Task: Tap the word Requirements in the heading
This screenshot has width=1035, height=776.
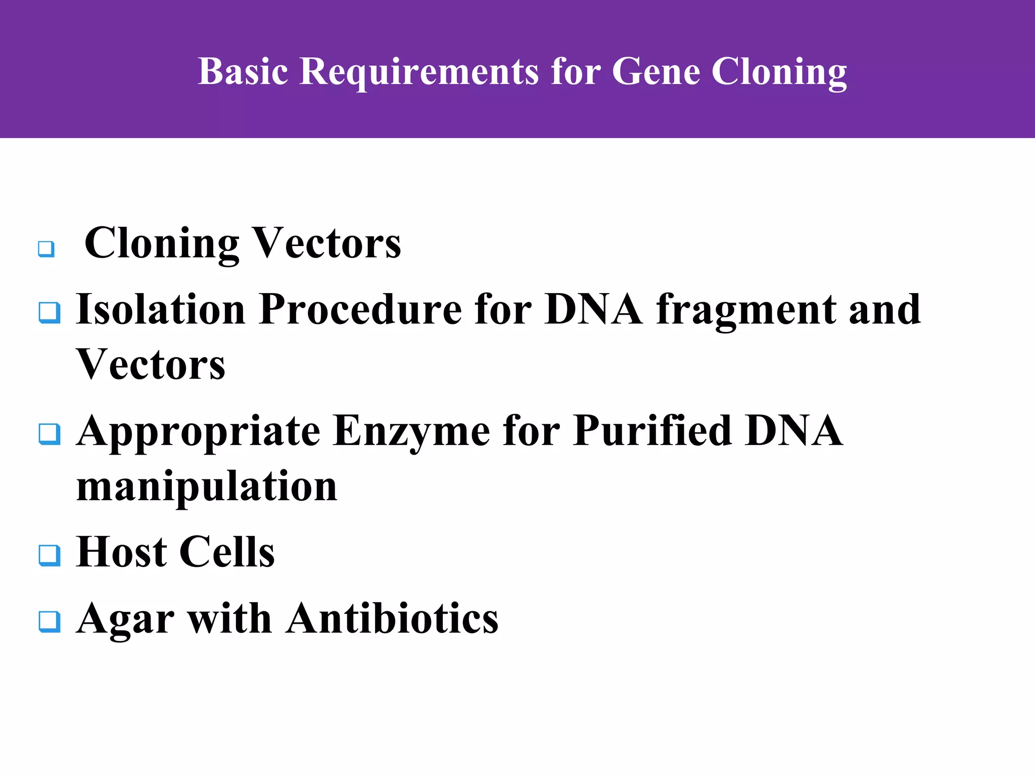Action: [419, 71]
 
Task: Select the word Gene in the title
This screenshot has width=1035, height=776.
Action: [656, 71]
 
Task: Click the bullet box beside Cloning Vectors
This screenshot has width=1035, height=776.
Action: [46, 249]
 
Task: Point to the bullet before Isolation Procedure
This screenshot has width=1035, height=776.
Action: [50, 313]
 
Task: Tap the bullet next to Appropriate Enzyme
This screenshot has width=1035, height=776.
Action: [50, 434]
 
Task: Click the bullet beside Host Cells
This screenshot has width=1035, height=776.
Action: [50, 555]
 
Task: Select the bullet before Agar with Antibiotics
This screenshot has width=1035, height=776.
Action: [50, 621]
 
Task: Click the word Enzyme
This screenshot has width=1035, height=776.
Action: [411, 431]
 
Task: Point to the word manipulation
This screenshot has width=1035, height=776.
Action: [206, 487]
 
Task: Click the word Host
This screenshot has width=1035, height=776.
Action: [121, 552]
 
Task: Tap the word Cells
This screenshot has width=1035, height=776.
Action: [227, 552]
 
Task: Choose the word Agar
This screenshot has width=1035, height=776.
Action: [125, 619]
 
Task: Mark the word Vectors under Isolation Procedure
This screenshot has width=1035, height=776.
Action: [151, 365]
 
